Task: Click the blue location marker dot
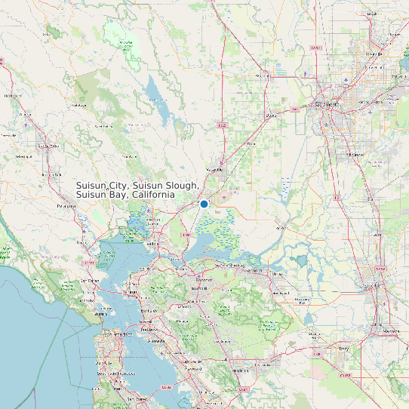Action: tap(204, 204)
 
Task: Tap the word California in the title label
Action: tap(152, 195)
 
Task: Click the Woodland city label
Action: tap(263, 76)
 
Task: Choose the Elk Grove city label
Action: tap(355, 154)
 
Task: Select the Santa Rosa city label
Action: tap(48, 145)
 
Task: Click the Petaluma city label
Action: tap(68, 204)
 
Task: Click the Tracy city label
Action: tap(344, 349)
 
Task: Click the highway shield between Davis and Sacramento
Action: tap(295, 109)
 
